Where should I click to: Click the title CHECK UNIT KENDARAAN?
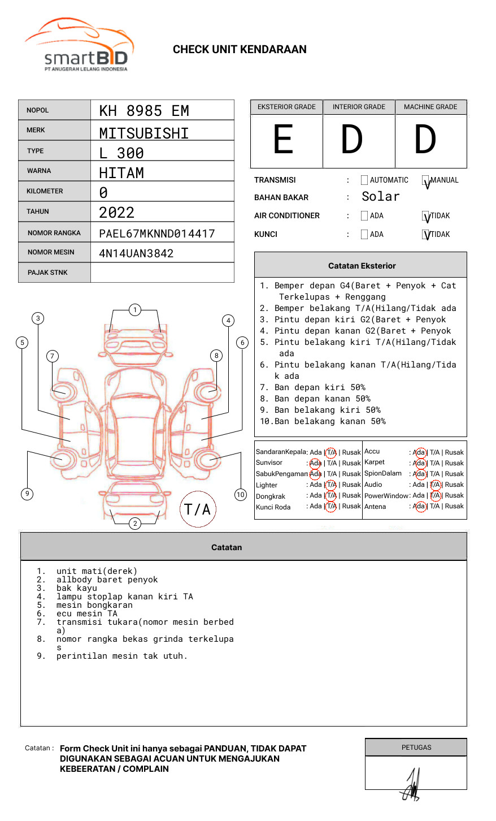(240, 50)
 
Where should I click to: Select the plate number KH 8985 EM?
(144, 111)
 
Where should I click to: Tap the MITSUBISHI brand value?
(144, 133)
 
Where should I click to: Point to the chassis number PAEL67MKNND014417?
(157, 234)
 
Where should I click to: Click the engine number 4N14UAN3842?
(136, 253)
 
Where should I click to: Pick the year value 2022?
(116, 213)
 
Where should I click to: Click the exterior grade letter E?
(284, 140)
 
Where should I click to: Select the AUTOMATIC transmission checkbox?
(364, 180)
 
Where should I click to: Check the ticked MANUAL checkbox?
(426, 181)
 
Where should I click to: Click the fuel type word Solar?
(380, 197)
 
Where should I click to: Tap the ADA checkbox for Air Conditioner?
(364, 216)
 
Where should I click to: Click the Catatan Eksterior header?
(362, 266)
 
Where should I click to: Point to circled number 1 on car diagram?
(134, 310)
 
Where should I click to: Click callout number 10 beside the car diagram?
(241, 495)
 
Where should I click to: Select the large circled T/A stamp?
(198, 509)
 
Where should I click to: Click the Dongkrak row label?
(271, 496)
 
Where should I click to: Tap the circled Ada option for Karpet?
(419, 463)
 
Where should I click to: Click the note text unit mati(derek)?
(97, 571)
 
